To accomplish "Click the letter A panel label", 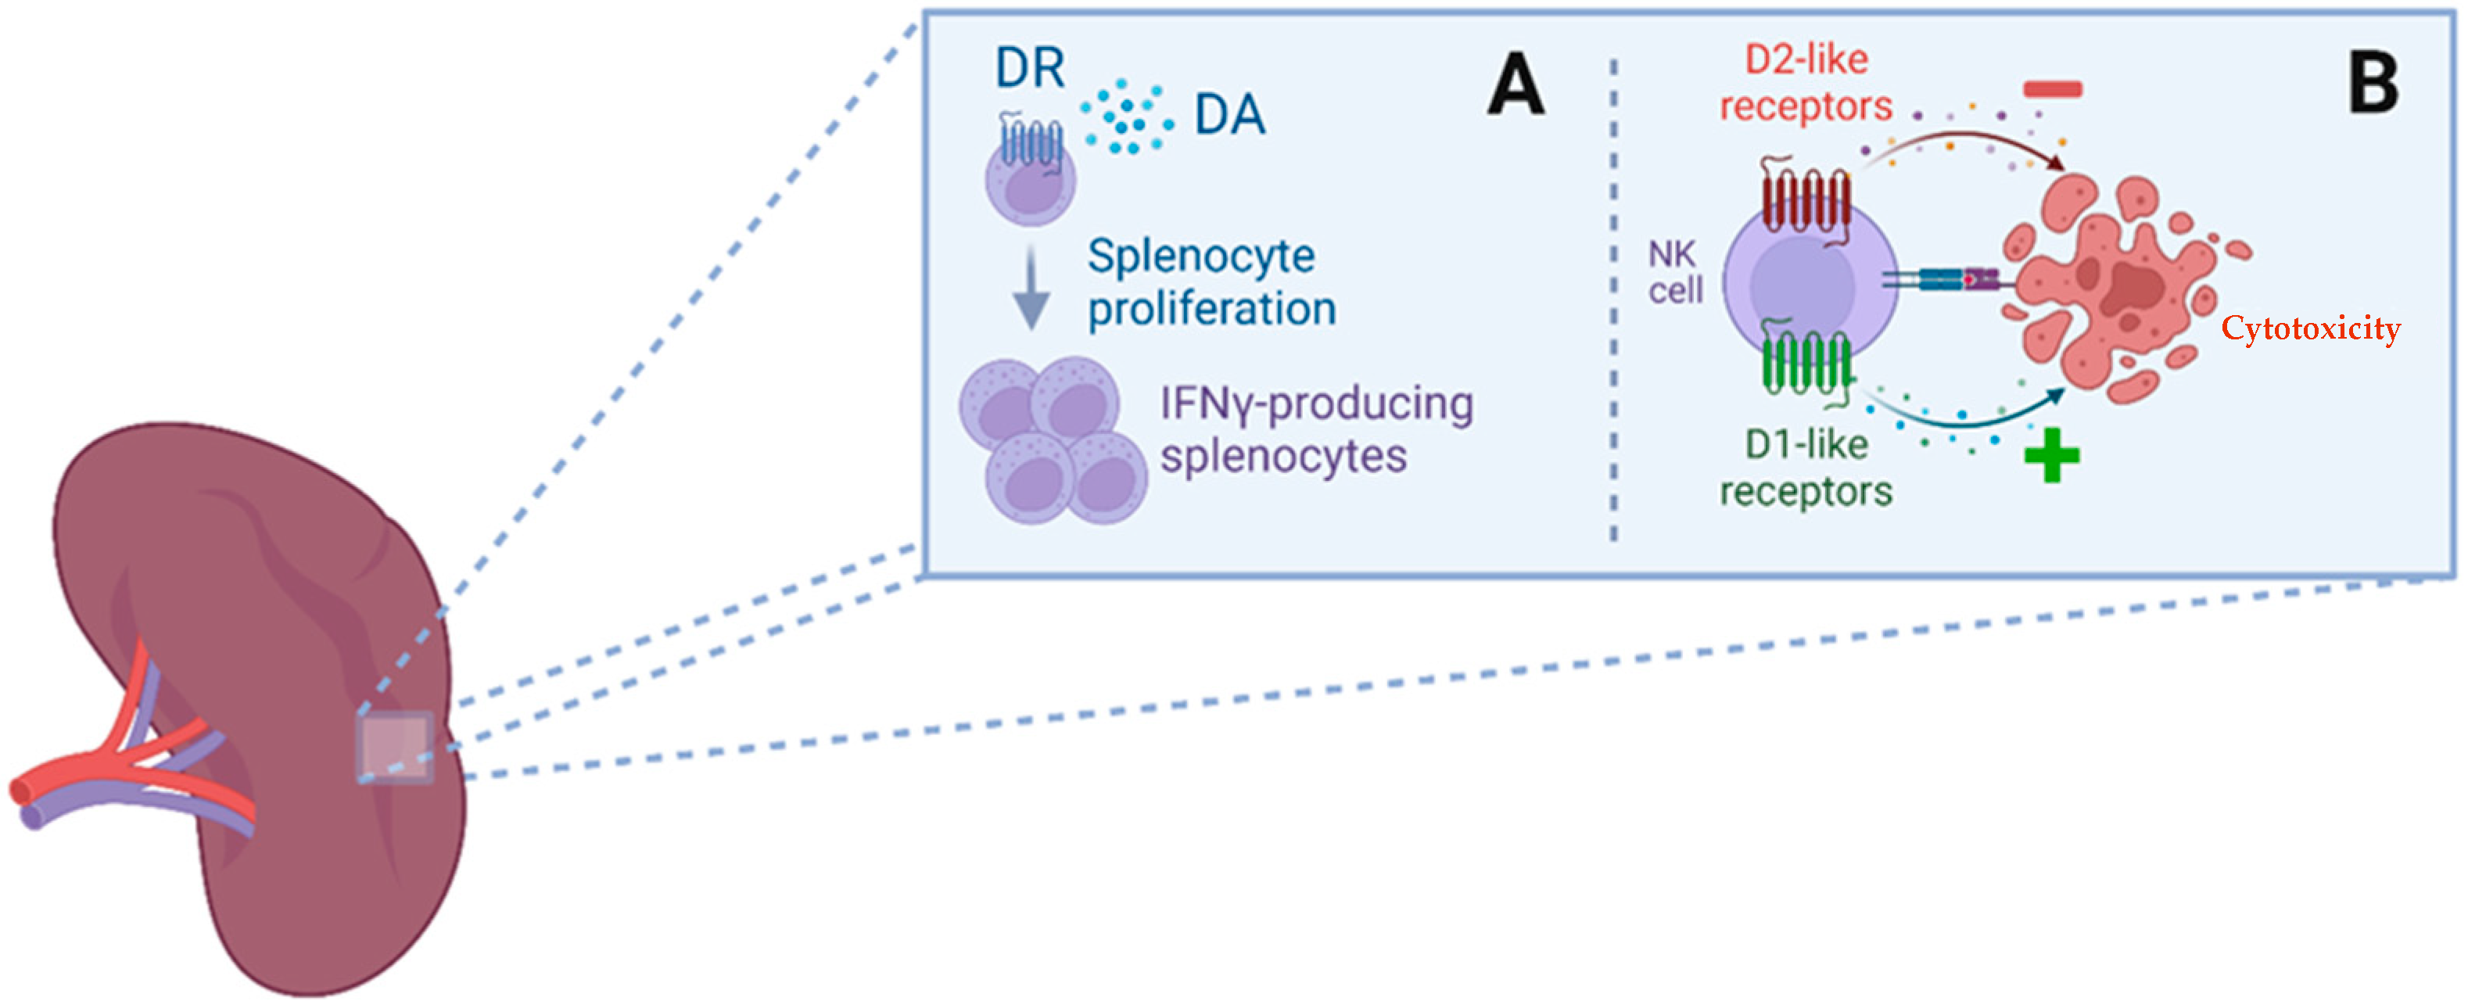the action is [1516, 84].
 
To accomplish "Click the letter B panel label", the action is [2374, 84].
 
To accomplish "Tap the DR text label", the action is [1030, 68].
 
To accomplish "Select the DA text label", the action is [1229, 115].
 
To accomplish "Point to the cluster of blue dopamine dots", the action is [1128, 117].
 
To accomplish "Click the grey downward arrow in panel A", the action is [1031, 288].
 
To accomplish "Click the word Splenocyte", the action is [1201, 256].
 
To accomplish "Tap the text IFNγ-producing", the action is [1316, 404].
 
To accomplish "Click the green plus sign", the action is [2051, 455].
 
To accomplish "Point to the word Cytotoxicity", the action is [2311, 328].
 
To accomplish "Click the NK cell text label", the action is [1676, 272].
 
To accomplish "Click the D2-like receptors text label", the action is [1806, 84].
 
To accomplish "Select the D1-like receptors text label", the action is [1806, 468].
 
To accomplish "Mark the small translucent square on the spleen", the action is [395, 746].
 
